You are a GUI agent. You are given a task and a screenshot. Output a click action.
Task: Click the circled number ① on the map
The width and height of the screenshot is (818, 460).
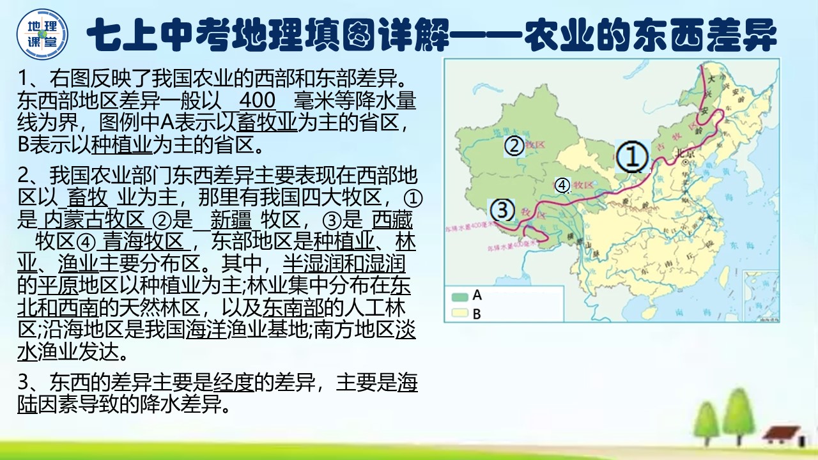coord(632,157)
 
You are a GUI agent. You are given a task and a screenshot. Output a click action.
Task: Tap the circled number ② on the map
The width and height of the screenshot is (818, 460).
coord(514,146)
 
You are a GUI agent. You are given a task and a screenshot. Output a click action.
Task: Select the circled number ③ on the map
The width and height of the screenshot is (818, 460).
coord(502,209)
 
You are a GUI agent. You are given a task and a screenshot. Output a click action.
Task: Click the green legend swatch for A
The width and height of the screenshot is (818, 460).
coord(459,296)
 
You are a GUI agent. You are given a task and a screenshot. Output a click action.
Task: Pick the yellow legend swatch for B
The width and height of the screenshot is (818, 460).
coord(459,314)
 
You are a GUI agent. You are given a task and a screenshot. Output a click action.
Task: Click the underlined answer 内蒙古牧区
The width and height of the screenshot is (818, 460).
coord(91,220)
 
